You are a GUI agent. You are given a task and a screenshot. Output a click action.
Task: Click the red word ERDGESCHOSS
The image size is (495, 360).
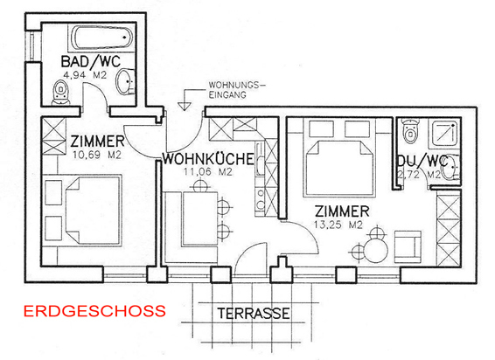(94, 311)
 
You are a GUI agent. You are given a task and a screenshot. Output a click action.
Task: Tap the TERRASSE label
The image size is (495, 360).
(254, 314)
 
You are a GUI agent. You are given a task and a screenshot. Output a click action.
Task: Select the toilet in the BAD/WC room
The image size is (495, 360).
(60, 93)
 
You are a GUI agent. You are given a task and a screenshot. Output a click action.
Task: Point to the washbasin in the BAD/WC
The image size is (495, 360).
(126, 80)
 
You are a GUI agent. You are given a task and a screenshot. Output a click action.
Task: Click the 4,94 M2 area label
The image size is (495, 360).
(85, 75)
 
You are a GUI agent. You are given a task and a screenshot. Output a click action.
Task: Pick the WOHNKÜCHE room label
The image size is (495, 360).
(208, 159)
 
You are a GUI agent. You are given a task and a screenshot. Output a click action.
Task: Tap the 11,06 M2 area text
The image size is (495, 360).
(208, 172)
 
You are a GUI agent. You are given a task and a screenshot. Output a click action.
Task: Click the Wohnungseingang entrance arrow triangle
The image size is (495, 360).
(185, 107)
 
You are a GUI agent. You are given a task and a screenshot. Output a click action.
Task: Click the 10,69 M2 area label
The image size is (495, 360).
(96, 156)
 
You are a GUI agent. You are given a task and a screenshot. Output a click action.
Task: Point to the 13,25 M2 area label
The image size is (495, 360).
(338, 225)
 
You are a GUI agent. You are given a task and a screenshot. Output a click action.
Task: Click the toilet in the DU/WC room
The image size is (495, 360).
(410, 130)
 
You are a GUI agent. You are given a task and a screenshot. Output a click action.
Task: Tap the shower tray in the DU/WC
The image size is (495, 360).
(445, 133)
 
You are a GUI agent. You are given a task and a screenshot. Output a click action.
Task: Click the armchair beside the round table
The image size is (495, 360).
(408, 246)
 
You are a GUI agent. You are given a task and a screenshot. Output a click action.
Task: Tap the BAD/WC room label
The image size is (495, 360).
(91, 61)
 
